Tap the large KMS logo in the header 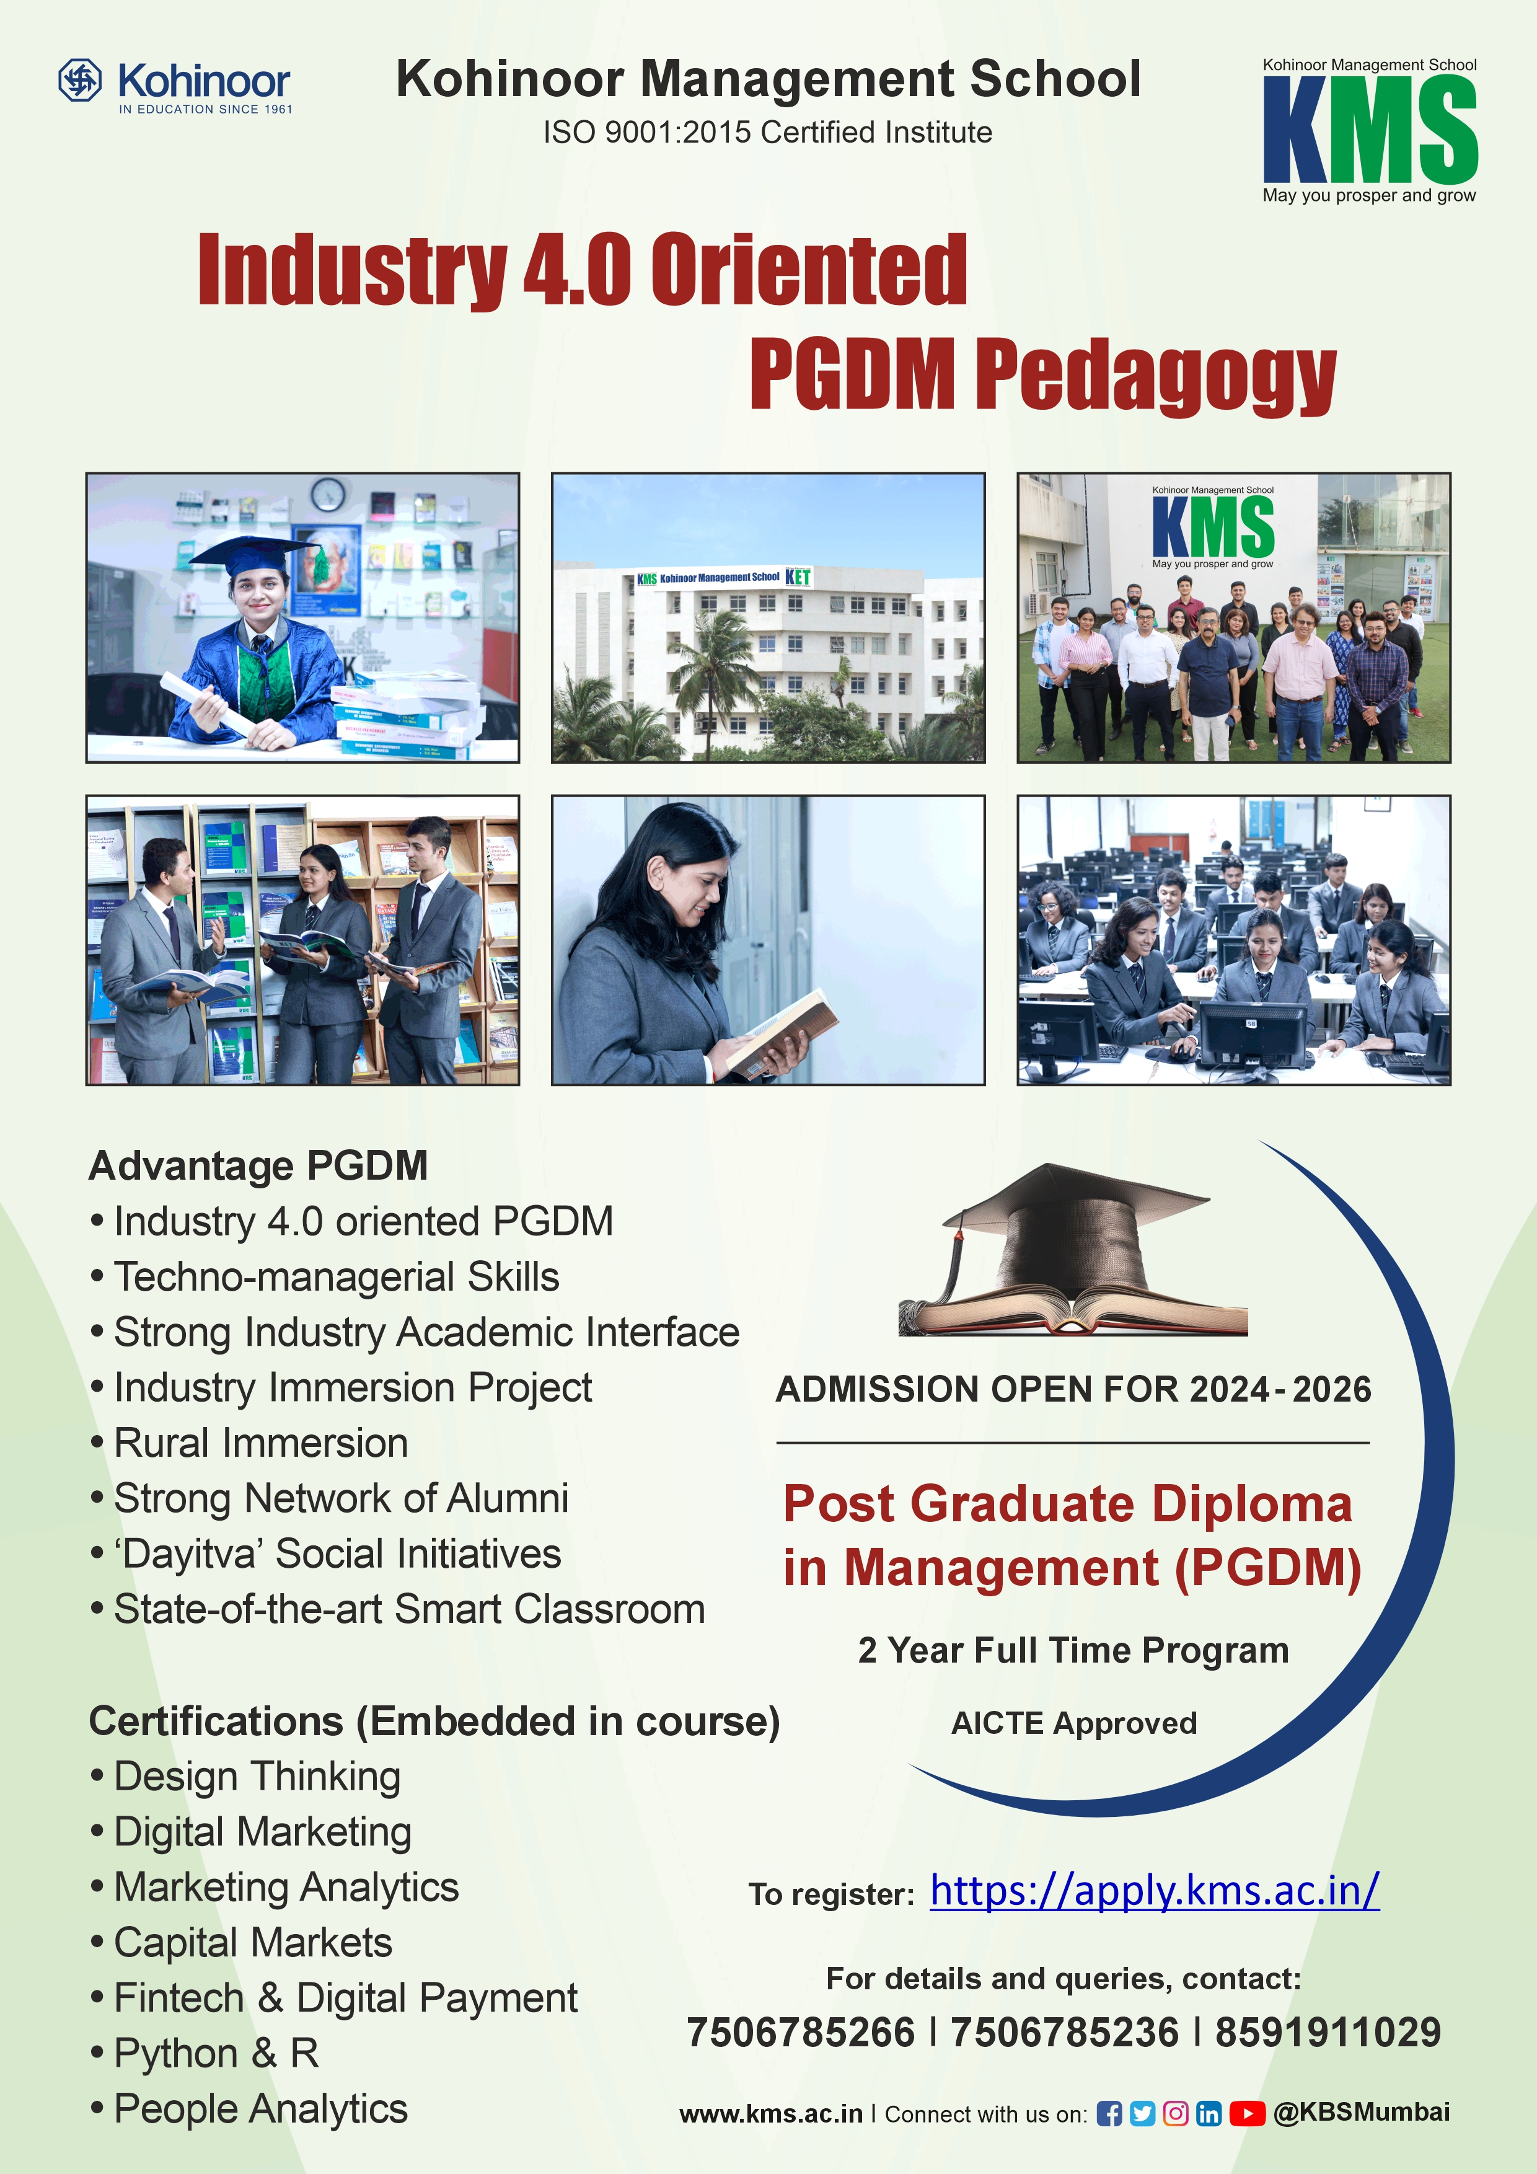1370,130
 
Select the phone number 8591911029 1328,2032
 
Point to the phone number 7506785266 801,2032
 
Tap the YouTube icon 1248,2113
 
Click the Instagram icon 1176,2113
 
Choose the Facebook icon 1109,2113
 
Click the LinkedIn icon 1209,2113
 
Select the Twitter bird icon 1142,2113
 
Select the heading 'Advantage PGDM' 258,1165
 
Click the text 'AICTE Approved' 1074,1722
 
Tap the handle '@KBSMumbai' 1362,2113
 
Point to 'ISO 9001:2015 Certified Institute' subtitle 767,133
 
